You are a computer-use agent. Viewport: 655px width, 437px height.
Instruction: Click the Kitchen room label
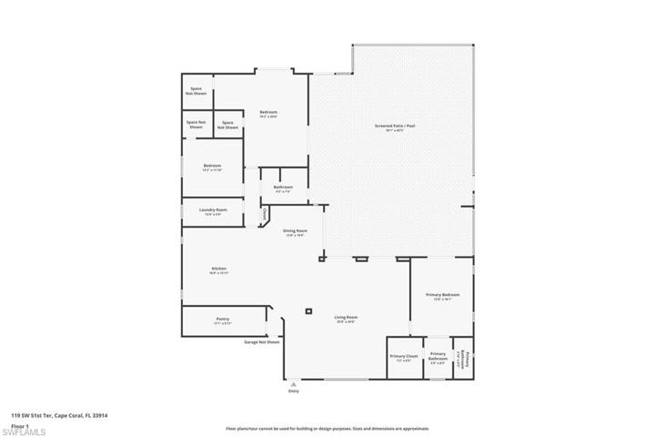(x=218, y=269)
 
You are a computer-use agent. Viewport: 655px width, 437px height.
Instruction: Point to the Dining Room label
(x=295, y=232)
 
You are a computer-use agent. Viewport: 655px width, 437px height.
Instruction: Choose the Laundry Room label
(x=213, y=210)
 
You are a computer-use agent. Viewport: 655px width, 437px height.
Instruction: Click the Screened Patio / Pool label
(x=394, y=127)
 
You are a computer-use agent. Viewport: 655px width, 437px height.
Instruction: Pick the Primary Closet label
(x=403, y=356)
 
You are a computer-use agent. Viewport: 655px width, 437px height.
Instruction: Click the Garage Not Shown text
(x=261, y=342)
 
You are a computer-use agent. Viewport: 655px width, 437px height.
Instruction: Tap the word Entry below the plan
(x=293, y=391)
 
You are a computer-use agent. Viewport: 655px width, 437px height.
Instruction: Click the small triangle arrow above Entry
(x=293, y=383)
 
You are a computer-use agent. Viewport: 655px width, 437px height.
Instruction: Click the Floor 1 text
(x=20, y=423)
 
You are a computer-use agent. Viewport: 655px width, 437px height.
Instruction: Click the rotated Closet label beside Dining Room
(x=265, y=215)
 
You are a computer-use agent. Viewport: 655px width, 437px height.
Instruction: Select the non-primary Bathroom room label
(x=282, y=188)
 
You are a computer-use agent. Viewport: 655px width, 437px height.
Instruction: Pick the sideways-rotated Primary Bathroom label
(x=463, y=356)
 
